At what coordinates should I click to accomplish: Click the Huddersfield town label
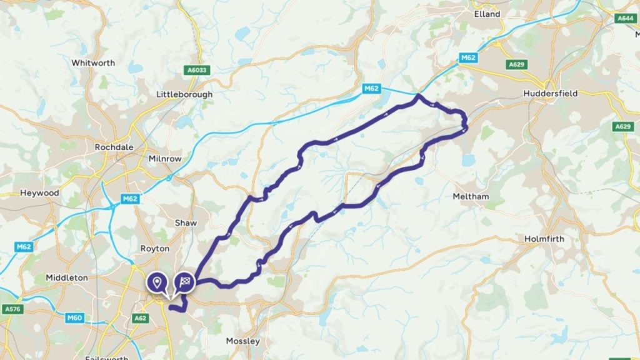(551, 93)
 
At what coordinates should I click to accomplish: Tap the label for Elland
(487, 13)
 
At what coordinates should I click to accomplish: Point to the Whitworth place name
(93, 63)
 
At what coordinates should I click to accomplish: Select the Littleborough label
(184, 94)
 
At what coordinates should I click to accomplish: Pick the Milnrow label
(165, 159)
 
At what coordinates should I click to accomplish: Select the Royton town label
(154, 248)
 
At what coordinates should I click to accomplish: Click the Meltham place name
(470, 196)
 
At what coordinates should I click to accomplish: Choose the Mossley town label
(242, 341)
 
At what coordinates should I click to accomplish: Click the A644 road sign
(625, 19)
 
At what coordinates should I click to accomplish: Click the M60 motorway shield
(74, 318)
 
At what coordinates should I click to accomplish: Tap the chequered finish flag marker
(184, 282)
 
